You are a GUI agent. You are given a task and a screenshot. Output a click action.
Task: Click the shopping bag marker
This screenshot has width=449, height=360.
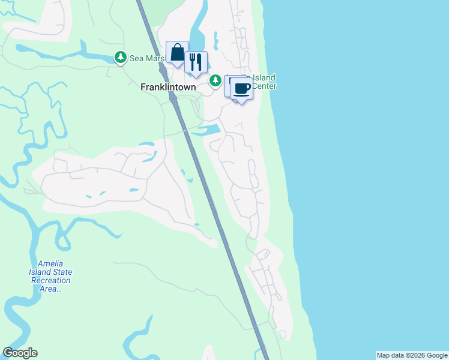click(177, 53)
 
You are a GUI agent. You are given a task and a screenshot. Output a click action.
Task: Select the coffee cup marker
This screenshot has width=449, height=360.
click(241, 89)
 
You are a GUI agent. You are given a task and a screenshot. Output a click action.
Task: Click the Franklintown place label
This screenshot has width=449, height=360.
click(168, 87)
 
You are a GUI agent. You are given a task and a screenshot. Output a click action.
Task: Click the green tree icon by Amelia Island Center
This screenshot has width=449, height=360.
click(215, 80)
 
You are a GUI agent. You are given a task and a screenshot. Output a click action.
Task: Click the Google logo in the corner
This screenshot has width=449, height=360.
click(20, 353)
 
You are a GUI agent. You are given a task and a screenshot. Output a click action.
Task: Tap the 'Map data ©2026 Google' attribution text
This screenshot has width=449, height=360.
click(412, 355)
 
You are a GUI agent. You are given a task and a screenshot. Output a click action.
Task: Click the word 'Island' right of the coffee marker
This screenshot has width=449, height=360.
click(264, 77)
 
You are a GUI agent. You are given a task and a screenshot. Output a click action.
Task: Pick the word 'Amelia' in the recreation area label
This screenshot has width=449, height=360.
click(50, 263)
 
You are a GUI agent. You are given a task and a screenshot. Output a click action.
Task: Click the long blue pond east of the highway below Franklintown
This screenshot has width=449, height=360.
click(206, 129)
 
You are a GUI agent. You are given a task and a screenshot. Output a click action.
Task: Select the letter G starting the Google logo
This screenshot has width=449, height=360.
click(8, 353)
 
